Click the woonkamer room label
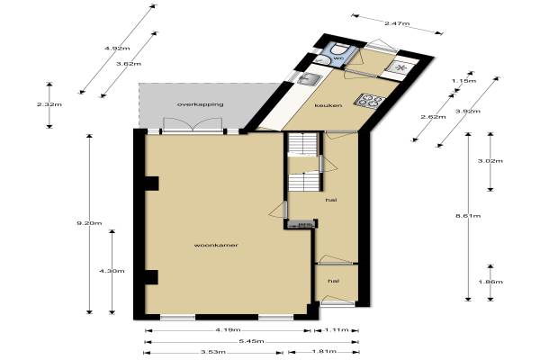tap(216, 246)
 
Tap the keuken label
tap(328, 105)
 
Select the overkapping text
tap(200, 104)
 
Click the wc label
tap(339, 58)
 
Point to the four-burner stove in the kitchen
tap(370, 101)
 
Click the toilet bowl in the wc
tap(339, 49)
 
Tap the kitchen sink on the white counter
tap(310, 79)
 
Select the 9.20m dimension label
tap(89, 223)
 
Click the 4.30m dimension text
tap(112, 271)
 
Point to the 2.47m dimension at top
tap(397, 23)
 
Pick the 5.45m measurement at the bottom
tap(251, 341)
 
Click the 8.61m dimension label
tap(468, 216)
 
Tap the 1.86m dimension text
tap(490, 282)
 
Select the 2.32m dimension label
tap(49, 104)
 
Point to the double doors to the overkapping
tap(193, 125)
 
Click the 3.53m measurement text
tap(213, 352)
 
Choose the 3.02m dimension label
tap(490, 161)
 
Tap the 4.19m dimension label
tap(228, 330)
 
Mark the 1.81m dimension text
tap(324, 352)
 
